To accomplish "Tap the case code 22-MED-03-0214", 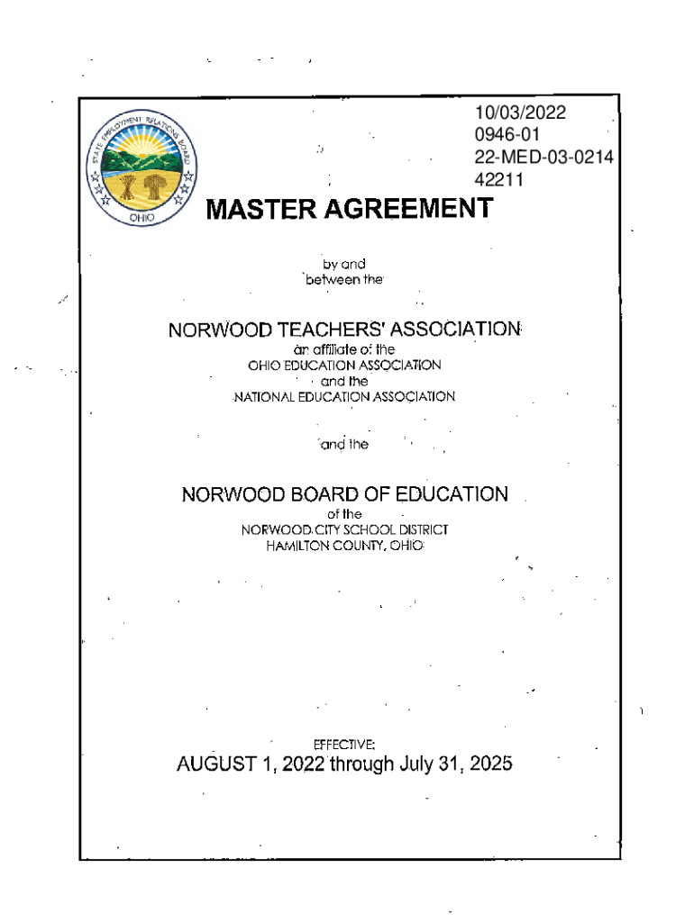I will point(543,158).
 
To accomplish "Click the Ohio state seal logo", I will point(142,167).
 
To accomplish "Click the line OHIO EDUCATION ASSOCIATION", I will point(344,366).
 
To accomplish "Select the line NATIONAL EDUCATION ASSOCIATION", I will point(345,396).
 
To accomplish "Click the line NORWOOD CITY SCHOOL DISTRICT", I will point(344,530).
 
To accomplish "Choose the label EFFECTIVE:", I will point(342,745).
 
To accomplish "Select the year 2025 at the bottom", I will point(490,765).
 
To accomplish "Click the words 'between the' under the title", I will point(344,280).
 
